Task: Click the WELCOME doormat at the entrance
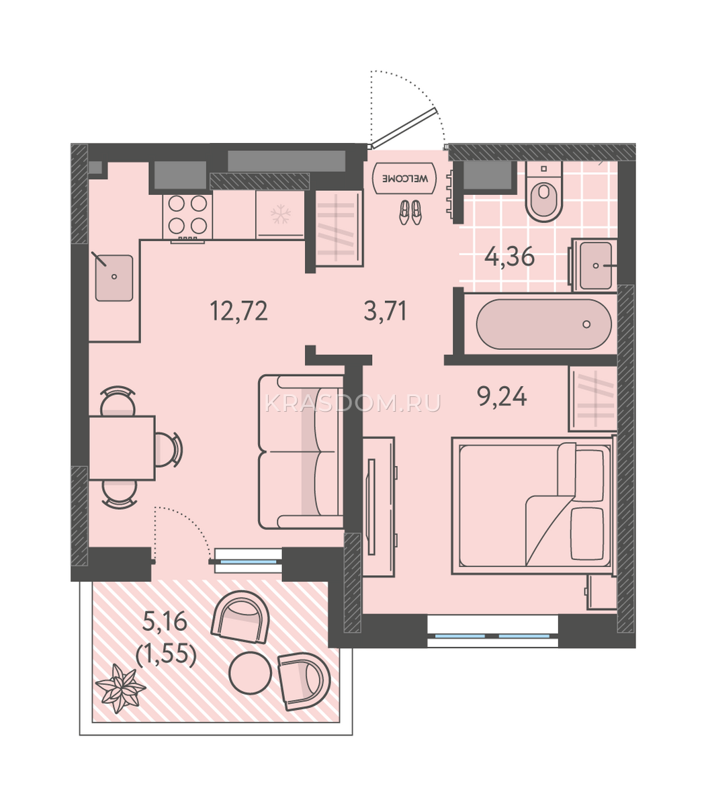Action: tap(404, 178)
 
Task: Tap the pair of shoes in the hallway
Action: tap(410, 213)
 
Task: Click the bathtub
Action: tap(543, 324)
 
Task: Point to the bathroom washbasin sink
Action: tap(596, 265)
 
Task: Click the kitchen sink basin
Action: tap(114, 278)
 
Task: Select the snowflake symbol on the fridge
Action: tap(281, 214)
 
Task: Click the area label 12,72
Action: tap(238, 311)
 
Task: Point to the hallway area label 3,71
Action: tap(386, 311)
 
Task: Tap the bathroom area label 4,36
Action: tap(509, 257)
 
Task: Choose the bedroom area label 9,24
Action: tap(502, 396)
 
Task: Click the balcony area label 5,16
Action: tap(165, 623)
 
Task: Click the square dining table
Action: tap(122, 448)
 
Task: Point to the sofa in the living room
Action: tap(301, 452)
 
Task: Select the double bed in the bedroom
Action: tap(533, 505)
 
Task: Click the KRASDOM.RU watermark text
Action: tap(353, 404)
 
